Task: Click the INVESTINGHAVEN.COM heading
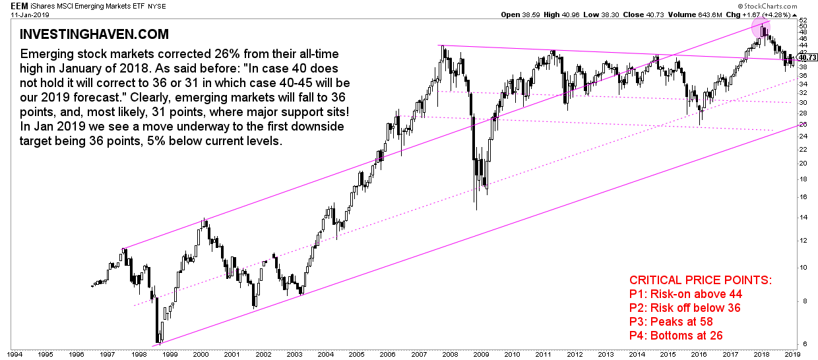pyautogui.click(x=94, y=34)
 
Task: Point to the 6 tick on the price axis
pyautogui.click(x=801, y=344)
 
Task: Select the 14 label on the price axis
pyautogui.click(x=803, y=217)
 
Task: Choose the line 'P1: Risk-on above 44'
pyautogui.click(x=687, y=294)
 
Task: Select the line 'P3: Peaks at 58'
pyautogui.click(x=672, y=322)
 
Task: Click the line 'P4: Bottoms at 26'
pyautogui.click(x=676, y=336)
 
